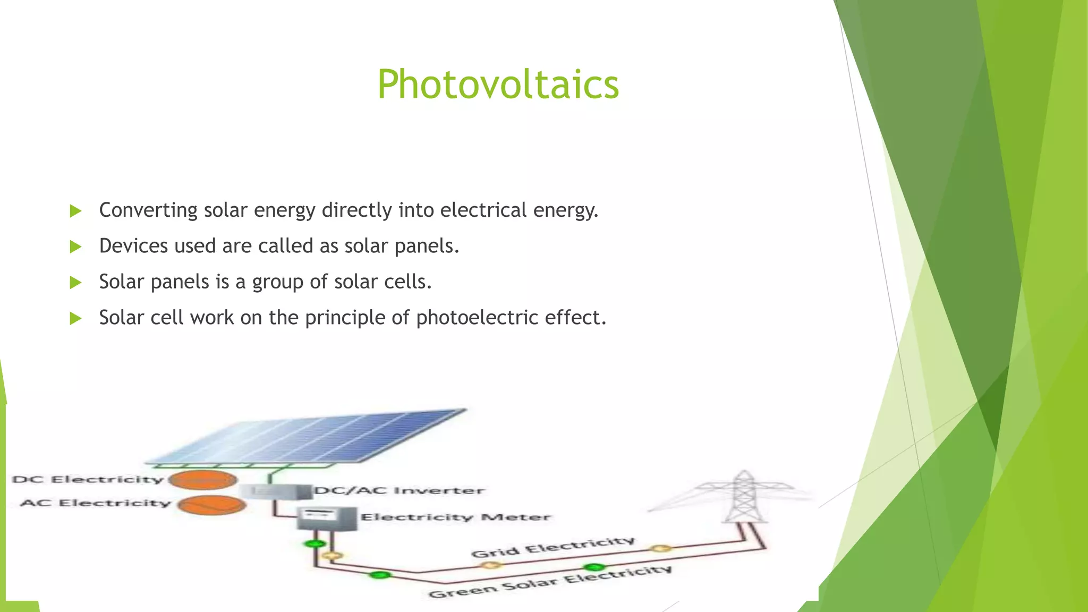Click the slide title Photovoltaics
[x=498, y=84]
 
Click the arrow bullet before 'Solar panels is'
[x=75, y=283]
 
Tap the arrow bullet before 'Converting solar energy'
[x=75, y=211]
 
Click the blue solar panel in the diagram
[x=308, y=436]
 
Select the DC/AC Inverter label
[x=399, y=490]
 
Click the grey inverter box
[x=276, y=491]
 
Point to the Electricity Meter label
[x=456, y=517]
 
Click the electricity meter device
[x=326, y=518]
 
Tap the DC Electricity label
[x=88, y=479]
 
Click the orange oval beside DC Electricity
[x=203, y=480]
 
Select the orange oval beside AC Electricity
[x=212, y=505]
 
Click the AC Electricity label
[x=96, y=503]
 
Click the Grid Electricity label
[x=552, y=547]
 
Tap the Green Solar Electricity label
[x=550, y=582]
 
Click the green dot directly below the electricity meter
[x=315, y=543]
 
